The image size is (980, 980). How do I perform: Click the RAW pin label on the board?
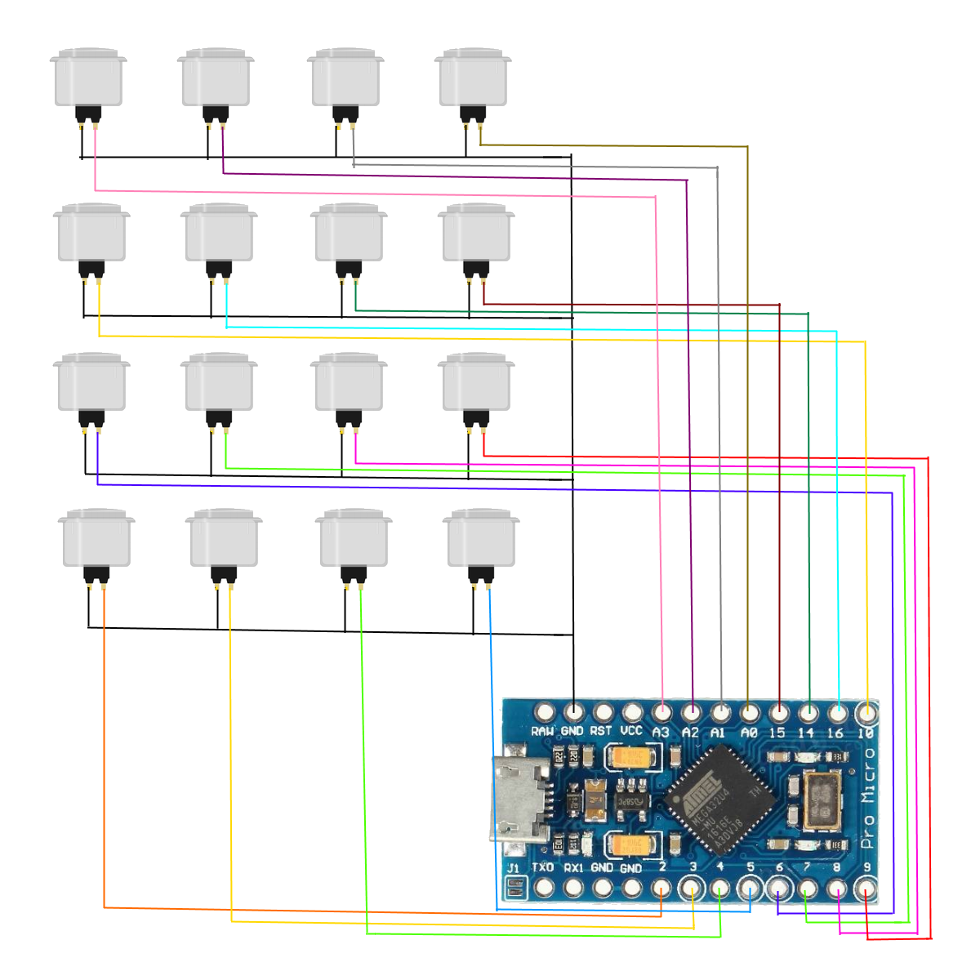point(542,732)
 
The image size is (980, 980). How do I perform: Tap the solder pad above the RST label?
point(603,712)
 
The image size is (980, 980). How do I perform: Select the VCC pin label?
point(631,731)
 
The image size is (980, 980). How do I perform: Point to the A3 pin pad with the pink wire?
point(661,712)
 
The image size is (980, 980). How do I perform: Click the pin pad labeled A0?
point(749,712)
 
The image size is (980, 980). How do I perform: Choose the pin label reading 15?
point(777,733)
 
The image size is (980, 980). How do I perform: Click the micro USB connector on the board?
point(519,800)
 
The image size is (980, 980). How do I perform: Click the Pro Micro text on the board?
point(868,796)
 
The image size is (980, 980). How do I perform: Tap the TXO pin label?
point(543,867)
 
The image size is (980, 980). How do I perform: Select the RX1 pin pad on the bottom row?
point(573,887)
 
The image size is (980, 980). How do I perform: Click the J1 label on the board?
point(513,868)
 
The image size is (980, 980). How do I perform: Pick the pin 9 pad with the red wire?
point(866,888)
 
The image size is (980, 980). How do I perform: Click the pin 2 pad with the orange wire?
point(661,888)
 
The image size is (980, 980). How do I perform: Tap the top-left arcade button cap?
point(88,77)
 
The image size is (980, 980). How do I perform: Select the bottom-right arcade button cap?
point(481,538)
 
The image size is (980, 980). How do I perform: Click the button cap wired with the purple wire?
point(216,77)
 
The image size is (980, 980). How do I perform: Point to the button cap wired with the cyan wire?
point(219,233)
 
